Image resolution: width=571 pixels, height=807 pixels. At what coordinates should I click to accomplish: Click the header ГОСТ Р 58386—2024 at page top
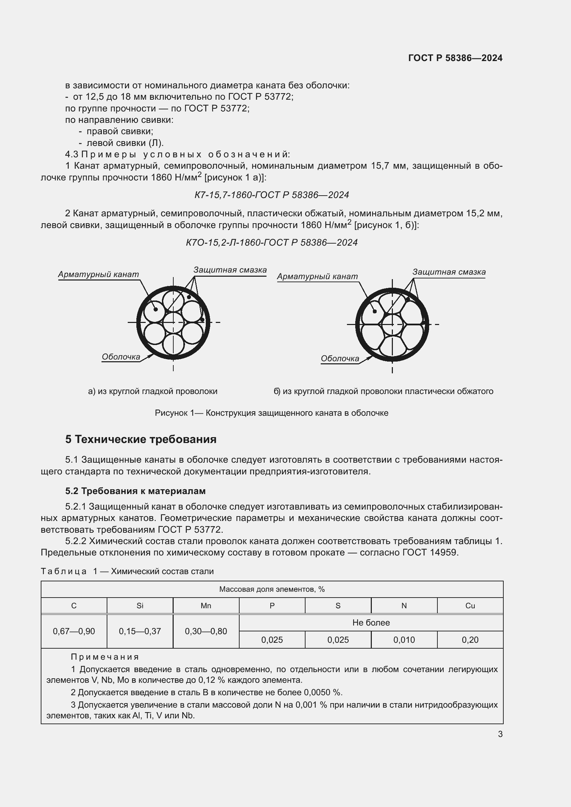coord(455,58)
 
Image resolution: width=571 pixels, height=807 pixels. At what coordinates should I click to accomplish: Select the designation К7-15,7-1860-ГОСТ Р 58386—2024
coord(271,195)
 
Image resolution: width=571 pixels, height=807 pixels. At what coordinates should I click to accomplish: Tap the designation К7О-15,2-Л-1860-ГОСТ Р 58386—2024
coord(271,243)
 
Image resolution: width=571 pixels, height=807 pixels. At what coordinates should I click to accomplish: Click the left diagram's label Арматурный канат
coord(98,275)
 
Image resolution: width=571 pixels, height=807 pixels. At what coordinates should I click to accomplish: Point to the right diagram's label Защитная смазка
coord(449,272)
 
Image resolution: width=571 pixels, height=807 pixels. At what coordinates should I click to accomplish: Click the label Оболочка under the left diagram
coord(121,357)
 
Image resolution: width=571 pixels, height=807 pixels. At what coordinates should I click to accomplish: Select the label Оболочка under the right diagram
coord(340,359)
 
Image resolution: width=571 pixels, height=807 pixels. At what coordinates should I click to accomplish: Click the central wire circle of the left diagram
coord(173,323)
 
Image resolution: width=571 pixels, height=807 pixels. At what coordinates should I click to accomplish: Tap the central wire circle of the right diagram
coord(392,324)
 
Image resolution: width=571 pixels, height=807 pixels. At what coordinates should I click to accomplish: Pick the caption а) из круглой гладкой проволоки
coord(153,392)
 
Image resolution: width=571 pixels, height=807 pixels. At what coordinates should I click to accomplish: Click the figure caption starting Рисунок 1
coord(271,413)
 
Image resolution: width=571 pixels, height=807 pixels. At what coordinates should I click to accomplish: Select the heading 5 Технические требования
coord(141,440)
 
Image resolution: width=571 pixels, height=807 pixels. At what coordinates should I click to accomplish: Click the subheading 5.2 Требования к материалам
coord(135,491)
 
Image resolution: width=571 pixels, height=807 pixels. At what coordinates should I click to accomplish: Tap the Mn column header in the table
coord(206,606)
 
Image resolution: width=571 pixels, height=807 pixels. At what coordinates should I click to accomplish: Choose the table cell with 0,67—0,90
coord(74,631)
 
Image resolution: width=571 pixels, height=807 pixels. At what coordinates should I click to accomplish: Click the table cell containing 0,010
coord(404,640)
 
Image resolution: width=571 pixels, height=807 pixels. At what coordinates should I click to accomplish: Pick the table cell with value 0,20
coord(470,640)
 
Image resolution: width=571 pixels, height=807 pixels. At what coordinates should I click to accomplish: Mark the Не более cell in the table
coord(371,623)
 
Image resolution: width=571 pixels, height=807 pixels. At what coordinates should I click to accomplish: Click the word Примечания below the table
coord(105,657)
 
